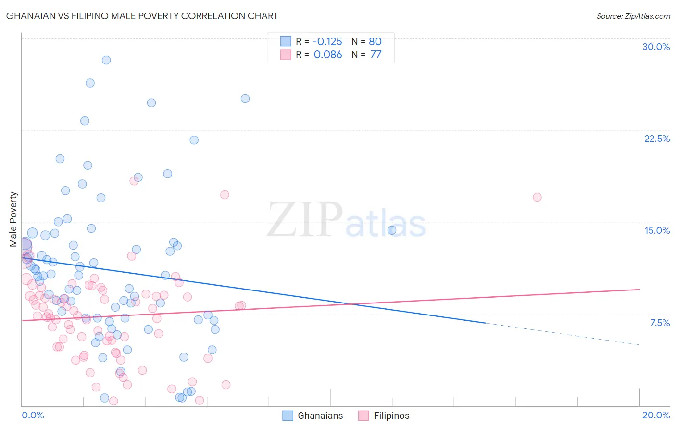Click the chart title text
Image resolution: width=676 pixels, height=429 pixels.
(x=142, y=16)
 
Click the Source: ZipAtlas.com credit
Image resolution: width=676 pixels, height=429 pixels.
(x=633, y=16)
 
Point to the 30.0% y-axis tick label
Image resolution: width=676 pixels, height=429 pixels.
(x=656, y=47)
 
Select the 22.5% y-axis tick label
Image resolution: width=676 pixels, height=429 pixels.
(x=657, y=139)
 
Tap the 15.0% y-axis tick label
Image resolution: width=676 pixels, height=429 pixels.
(x=657, y=230)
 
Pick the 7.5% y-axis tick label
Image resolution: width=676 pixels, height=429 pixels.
(x=660, y=323)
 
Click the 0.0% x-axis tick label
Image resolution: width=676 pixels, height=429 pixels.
(x=33, y=415)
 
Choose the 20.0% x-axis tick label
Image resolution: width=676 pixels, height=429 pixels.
(x=656, y=415)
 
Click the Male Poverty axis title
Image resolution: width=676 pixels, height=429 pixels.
(x=13, y=219)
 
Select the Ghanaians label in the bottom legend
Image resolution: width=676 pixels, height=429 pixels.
(x=320, y=416)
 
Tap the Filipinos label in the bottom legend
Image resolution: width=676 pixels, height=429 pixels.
(x=391, y=416)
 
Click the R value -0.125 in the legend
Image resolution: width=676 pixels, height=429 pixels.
(x=327, y=41)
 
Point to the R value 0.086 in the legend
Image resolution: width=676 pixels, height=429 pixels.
(x=328, y=54)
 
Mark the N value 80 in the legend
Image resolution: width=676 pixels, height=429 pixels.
(x=375, y=41)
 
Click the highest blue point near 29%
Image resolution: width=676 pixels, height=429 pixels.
(x=106, y=60)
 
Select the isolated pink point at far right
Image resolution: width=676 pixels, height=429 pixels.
(x=537, y=197)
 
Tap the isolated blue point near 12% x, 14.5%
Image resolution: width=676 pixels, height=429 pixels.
(x=392, y=230)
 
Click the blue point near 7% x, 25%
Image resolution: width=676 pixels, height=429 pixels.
(x=245, y=99)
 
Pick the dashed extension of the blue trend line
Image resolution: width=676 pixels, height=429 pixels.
(x=563, y=334)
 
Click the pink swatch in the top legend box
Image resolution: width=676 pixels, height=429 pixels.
(x=286, y=54)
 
